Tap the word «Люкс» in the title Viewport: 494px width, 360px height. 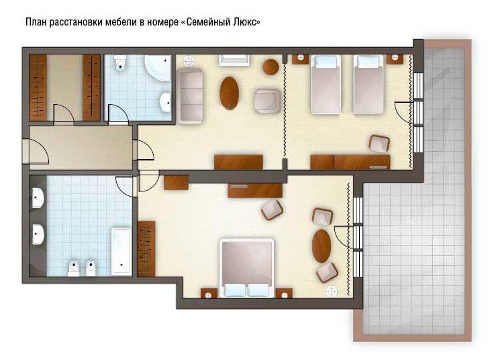click(x=247, y=22)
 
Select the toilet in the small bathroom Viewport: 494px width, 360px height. click(x=120, y=62)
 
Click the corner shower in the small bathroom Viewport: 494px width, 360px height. click(x=158, y=67)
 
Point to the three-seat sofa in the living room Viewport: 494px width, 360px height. click(x=190, y=96)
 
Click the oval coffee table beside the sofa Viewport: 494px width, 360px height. click(x=230, y=93)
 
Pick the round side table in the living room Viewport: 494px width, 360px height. click(x=270, y=67)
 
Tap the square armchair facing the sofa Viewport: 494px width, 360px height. click(x=267, y=101)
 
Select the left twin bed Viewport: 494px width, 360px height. click(x=326, y=85)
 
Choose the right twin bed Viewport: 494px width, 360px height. click(x=368, y=85)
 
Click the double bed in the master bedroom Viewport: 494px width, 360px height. click(x=247, y=268)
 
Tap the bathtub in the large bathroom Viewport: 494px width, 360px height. click(x=121, y=252)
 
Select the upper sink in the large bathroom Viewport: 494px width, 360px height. click(x=38, y=197)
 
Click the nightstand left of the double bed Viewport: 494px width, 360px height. click(x=209, y=293)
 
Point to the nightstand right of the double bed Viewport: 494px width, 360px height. click(x=284, y=293)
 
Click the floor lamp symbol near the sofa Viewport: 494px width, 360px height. click(x=189, y=61)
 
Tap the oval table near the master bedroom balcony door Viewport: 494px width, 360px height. click(x=322, y=246)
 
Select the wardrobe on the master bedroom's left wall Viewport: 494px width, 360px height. click(x=146, y=249)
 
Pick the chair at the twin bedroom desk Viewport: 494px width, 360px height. click(x=379, y=144)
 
